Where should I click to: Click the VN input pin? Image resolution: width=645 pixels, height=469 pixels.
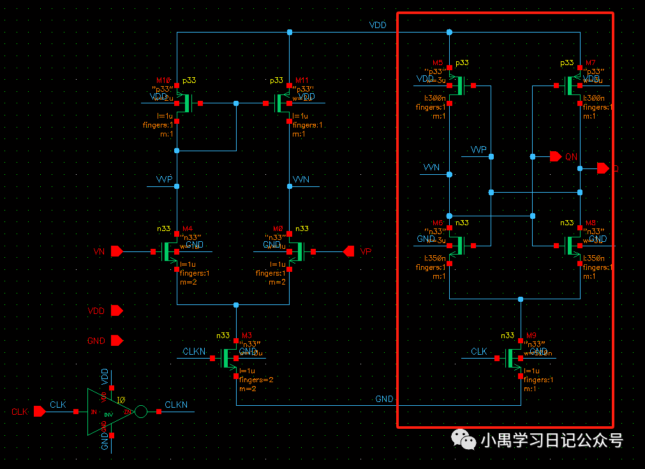click(x=117, y=251)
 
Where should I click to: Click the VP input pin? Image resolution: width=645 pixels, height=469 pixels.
click(x=349, y=251)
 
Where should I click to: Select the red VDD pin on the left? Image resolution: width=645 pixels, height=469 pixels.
click(x=117, y=311)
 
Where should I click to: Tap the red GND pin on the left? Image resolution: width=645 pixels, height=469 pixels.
click(x=117, y=341)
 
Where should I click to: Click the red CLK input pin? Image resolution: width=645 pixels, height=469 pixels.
click(x=40, y=412)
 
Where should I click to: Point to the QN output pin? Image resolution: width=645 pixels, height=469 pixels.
click(x=555, y=156)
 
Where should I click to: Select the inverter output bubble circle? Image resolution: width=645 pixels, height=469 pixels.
click(x=141, y=412)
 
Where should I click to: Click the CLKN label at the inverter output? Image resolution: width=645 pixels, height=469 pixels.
click(x=176, y=405)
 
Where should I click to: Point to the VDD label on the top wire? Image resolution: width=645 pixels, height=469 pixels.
click(x=378, y=25)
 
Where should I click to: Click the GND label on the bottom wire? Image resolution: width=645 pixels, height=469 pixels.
click(x=384, y=399)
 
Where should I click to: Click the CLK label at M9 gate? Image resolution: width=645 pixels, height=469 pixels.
click(x=479, y=352)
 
